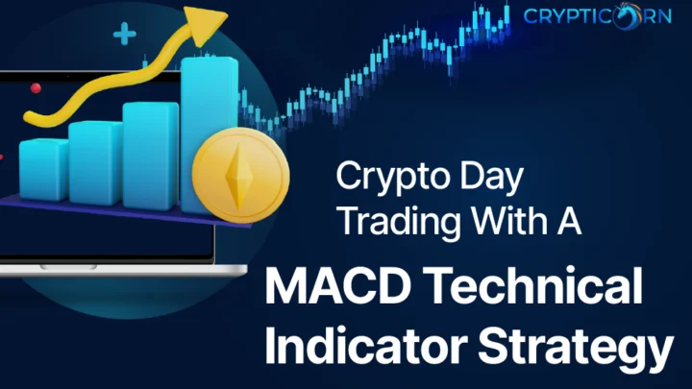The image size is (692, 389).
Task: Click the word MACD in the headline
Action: (337, 286)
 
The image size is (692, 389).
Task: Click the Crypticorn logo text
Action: (598, 16)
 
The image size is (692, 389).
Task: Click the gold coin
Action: (241, 175)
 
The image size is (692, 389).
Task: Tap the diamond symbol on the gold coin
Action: (239, 176)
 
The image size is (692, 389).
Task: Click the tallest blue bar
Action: (210, 135)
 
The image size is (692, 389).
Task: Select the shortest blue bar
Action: (43, 170)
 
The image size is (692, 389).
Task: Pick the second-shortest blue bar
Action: (96, 162)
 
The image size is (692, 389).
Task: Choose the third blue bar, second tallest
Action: (151, 156)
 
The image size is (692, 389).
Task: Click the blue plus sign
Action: (124, 34)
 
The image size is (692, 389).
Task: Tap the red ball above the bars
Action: (36, 88)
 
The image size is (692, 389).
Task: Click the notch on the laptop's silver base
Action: (68, 267)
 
